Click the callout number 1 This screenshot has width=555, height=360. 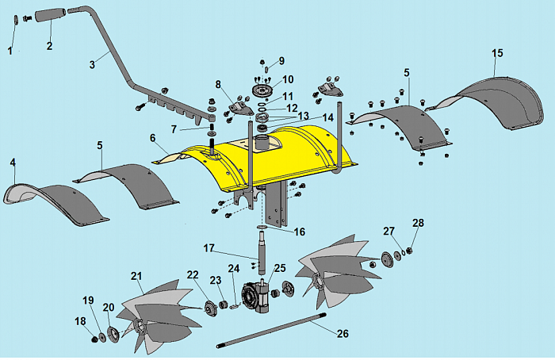click(x=10, y=52)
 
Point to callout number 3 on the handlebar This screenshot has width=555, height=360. click(x=94, y=62)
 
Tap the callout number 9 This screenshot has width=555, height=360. click(x=281, y=61)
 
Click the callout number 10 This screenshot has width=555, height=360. click(x=288, y=79)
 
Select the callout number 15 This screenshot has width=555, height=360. click(x=497, y=53)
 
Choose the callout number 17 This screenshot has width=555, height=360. click(x=209, y=248)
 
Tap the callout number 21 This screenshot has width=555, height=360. click(x=136, y=276)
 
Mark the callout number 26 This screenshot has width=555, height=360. click(x=342, y=334)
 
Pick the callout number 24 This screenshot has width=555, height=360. click(x=234, y=268)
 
